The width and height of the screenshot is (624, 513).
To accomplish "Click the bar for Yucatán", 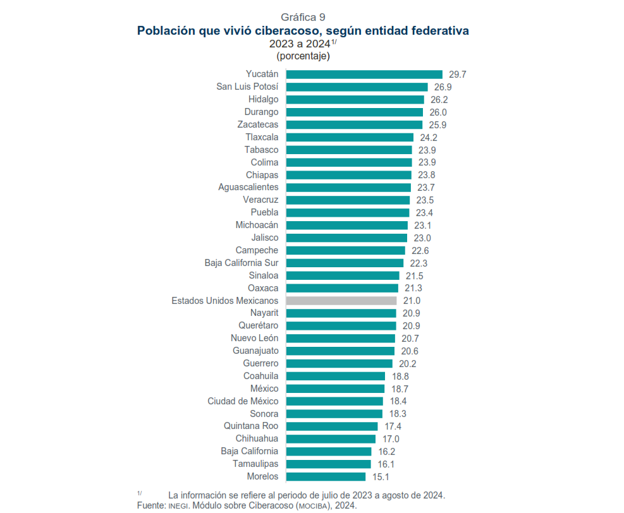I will click(x=364, y=75).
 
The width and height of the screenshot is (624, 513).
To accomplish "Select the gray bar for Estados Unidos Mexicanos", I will click(x=341, y=301).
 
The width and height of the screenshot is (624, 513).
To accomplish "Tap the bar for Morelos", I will click(x=326, y=476).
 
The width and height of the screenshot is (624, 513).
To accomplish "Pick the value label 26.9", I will click(x=443, y=87).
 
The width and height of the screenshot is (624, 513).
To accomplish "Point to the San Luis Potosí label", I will click(x=247, y=87).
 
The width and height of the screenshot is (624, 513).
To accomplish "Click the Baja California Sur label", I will click(x=242, y=263).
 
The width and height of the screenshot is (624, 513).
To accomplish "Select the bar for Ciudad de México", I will click(x=334, y=401).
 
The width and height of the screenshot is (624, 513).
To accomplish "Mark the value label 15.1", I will click(x=381, y=476).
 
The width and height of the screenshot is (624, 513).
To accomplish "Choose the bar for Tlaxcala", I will click(x=350, y=137).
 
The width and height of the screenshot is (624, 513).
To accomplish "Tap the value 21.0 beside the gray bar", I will click(x=412, y=301).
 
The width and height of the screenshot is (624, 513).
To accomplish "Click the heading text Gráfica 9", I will click(x=303, y=17).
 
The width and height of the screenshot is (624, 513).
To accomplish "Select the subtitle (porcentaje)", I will click(x=303, y=56).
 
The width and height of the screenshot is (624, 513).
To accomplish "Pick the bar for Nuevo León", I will click(x=340, y=339).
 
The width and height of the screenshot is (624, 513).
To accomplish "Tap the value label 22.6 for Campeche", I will click(x=420, y=251).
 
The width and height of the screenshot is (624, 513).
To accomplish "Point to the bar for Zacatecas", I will click(x=354, y=124).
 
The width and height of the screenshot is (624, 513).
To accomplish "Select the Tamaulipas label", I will click(x=255, y=464).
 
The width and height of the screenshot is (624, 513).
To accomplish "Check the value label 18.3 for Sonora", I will click(x=398, y=414).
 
